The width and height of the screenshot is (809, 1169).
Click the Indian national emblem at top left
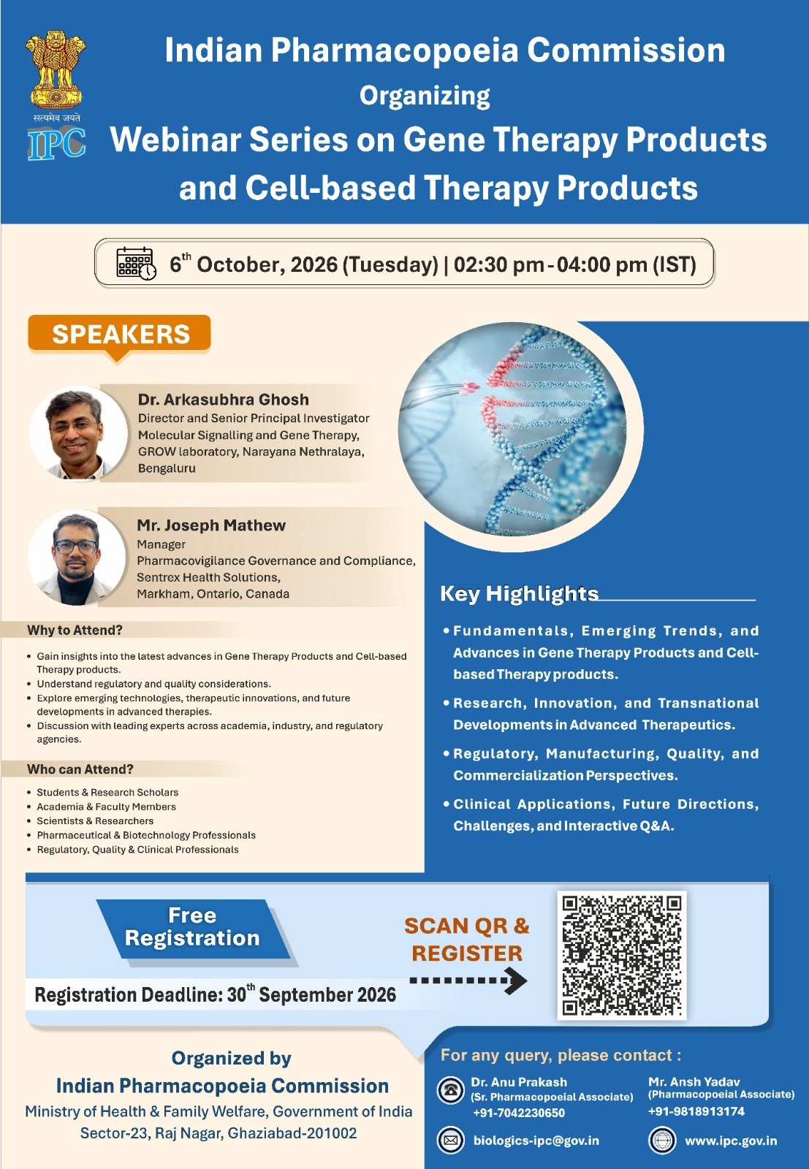[56, 70]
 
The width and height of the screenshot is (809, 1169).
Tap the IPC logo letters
[56, 143]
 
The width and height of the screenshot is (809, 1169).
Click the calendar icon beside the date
[136, 264]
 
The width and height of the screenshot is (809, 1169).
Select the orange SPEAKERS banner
[120, 335]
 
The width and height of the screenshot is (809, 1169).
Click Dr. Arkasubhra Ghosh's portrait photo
[78, 433]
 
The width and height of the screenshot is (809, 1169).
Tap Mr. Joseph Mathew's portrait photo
[77, 557]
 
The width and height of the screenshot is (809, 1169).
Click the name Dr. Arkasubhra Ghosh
[224, 400]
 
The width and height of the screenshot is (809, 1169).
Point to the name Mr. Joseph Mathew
[211, 525]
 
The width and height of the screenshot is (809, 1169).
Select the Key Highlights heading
[519, 594]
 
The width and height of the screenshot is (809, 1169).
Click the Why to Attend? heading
[75, 631]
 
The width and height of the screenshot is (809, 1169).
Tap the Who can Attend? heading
[80, 769]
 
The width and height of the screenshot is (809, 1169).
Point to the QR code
[621, 956]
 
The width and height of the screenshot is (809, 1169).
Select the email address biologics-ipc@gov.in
[536, 1141]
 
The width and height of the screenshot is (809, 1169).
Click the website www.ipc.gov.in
[731, 1141]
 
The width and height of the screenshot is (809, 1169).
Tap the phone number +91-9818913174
[696, 1111]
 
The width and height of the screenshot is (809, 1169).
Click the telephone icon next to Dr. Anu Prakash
[450, 1089]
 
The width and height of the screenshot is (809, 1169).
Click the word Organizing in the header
[425, 96]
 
